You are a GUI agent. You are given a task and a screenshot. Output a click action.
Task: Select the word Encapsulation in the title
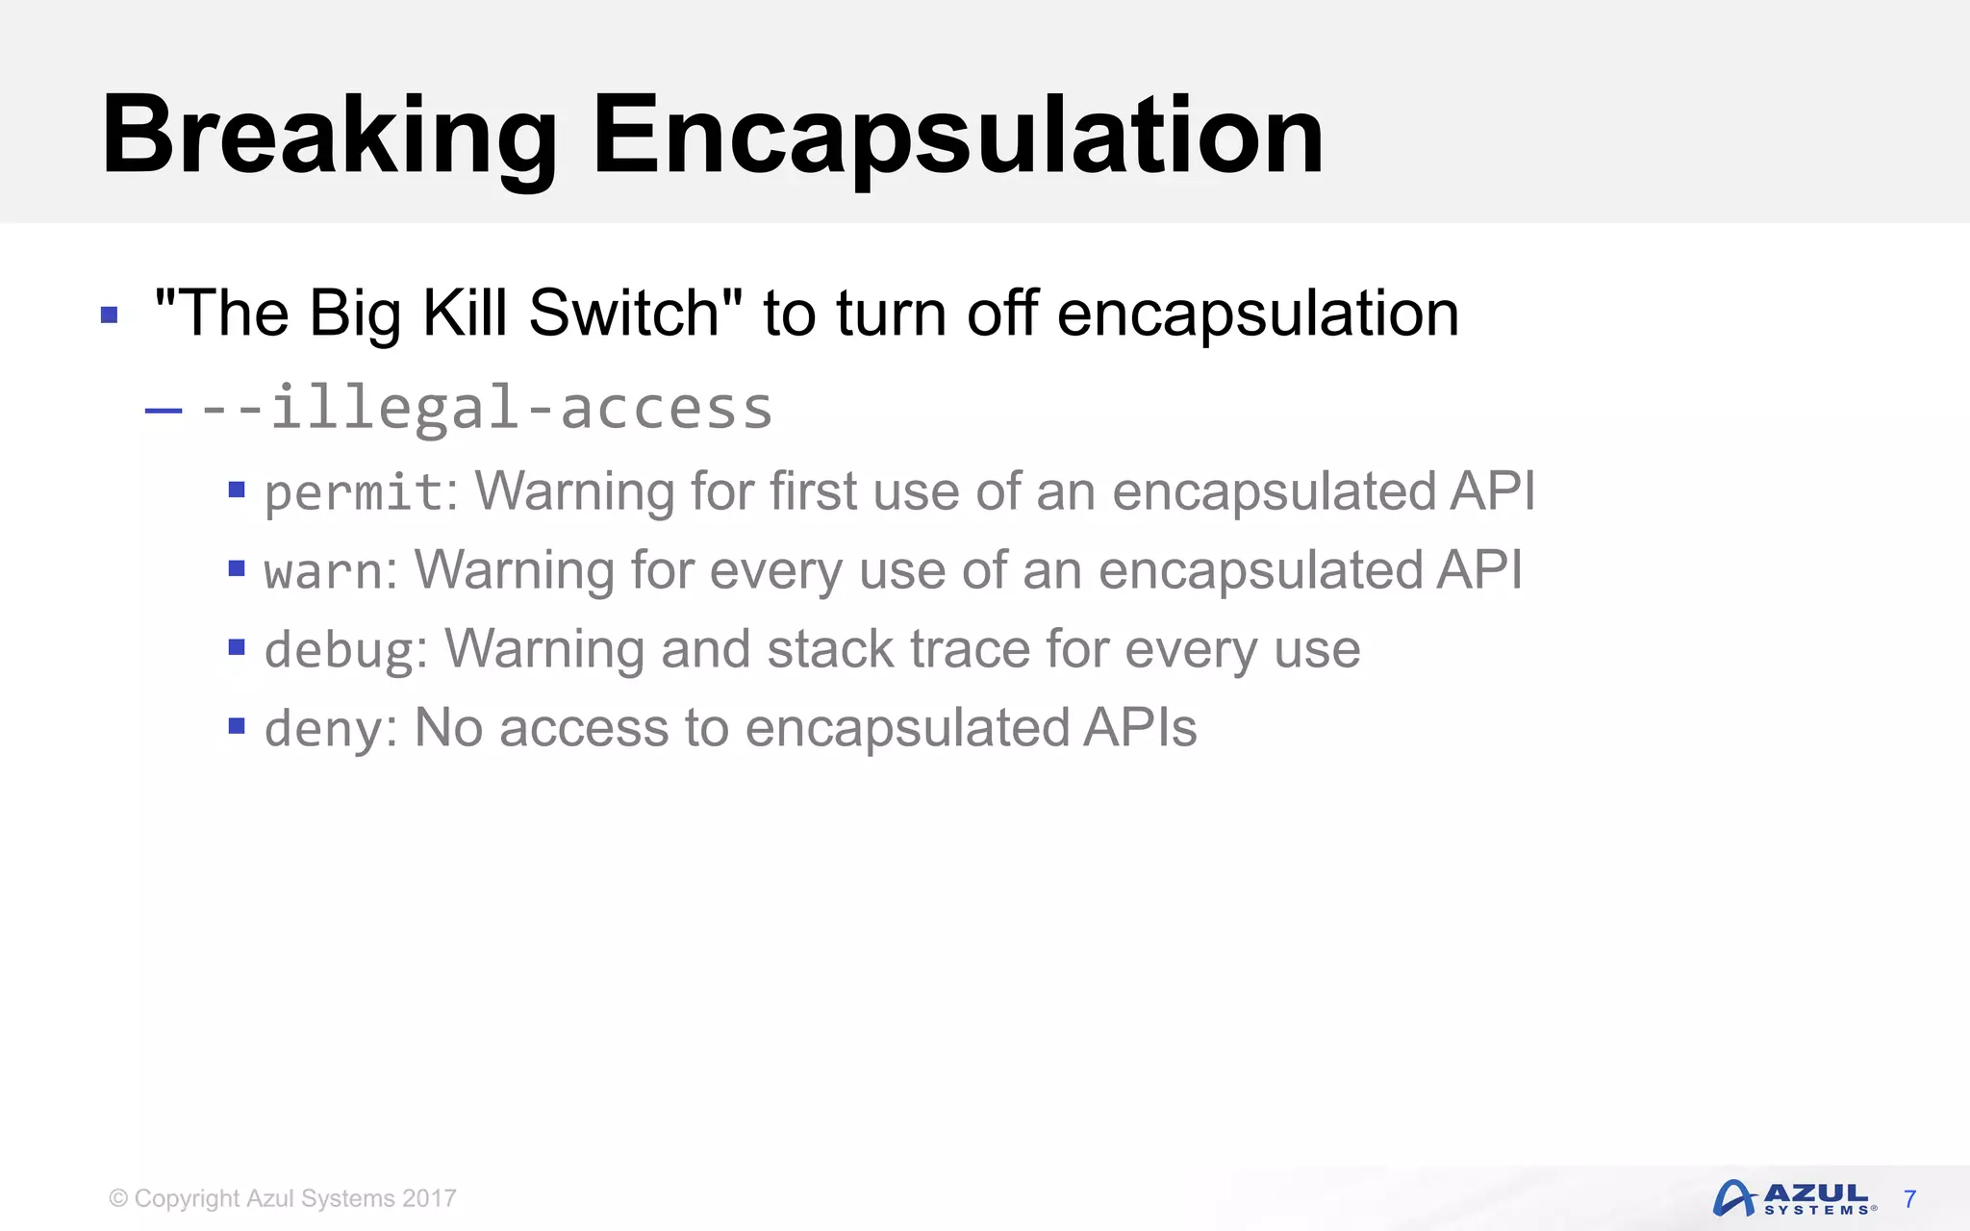[x=957, y=137]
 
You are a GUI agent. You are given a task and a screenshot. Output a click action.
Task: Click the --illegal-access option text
[x=486, y=408]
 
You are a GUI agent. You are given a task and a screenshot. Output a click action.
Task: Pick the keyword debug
[x=339, y=650]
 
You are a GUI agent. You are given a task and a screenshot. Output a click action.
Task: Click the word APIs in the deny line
[x=1140, y=727]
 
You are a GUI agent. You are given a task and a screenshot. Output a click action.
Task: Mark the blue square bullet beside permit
[x=237, y=490]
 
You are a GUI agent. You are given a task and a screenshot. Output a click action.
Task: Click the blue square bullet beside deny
[x=237, y=725]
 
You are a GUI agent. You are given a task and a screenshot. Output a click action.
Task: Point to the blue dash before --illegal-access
[x=164, y=412]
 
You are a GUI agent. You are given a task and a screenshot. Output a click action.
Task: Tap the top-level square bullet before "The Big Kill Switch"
[x=109, y=314]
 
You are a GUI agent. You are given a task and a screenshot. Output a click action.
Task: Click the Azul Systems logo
[x=1793, y=1198]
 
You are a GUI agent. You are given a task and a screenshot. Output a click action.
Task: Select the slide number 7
[x=1910, y=1199]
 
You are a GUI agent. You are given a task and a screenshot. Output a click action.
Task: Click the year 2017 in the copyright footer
[x=429, y=1198]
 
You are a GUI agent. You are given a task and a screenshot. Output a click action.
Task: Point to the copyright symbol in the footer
[x=118, y=1198]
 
